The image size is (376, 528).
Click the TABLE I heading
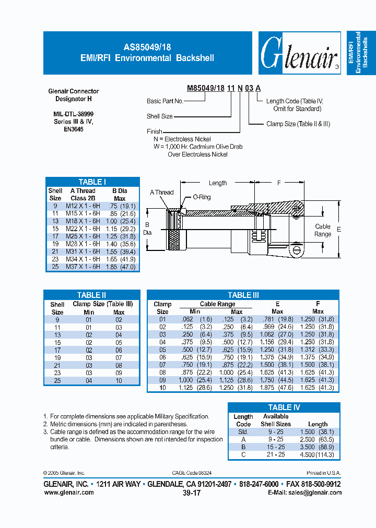pos(92,182)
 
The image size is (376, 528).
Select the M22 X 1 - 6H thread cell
pos(83,229)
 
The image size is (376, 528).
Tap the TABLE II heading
pos(92,295)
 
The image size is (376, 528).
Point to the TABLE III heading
pos(243,295)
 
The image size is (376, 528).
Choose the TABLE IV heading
pos(284,407)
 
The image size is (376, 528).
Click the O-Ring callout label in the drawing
pos(202,197)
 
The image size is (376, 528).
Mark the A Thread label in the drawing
pos(161,193)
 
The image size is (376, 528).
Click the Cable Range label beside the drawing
pos(323,230)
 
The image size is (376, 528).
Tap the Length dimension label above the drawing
pos(218,183)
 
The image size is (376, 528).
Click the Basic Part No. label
pos(164,101)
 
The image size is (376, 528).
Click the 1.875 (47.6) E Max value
pos(277,388)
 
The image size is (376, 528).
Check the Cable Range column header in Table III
pos(217,304)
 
